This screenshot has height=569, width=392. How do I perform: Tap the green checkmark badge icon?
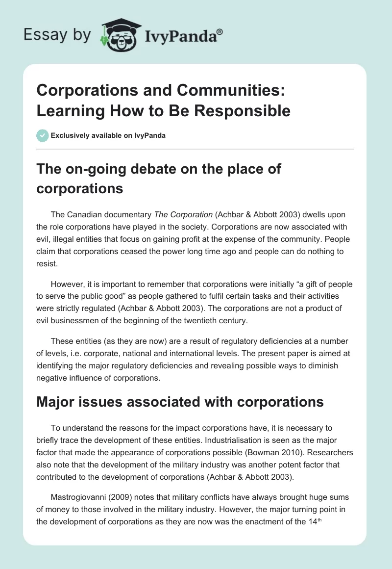[42, 135]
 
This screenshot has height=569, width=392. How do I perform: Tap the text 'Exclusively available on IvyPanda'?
[109, 135]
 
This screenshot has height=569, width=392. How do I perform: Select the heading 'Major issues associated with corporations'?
[180, 402]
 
